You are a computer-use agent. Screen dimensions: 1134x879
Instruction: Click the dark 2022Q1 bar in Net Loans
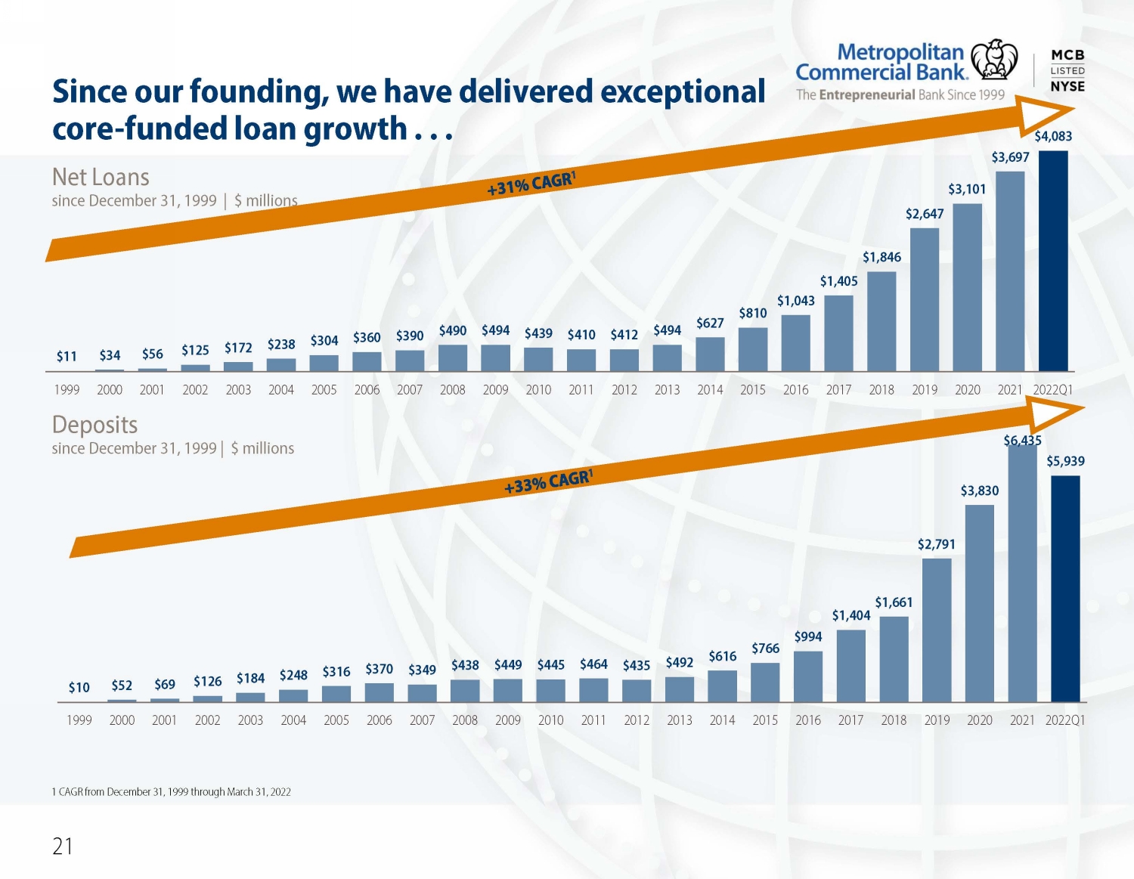coord(1053,261)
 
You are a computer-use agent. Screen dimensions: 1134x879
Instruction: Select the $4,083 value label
coord(1053,136)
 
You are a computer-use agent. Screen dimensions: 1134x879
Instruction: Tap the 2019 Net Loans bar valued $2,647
coord(925,299)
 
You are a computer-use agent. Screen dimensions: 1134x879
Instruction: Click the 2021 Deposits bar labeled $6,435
coord(1022,573)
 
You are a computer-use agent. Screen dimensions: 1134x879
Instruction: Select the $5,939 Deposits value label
coord(1065,461)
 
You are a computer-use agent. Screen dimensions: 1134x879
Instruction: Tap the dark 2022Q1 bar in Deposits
coord(1065,589)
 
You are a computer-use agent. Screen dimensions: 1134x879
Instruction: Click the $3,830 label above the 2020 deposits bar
coord(980,491)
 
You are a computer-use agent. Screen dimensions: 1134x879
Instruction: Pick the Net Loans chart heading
coord(101,177)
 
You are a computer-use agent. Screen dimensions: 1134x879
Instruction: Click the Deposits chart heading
coord(94,425)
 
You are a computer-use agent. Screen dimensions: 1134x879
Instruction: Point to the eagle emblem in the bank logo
coord(993,60)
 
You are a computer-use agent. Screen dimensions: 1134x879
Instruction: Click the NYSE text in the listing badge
coord(1067,87)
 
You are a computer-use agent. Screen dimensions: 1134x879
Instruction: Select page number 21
coord(63,847)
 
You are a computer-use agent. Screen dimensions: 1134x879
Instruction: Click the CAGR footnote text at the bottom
coord(171,792)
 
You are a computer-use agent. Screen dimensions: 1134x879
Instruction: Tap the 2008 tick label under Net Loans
coord(452,390)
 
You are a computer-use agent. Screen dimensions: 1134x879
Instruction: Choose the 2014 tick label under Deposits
coord(722,720)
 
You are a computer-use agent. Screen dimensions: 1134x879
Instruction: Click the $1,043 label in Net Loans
coord(796,301)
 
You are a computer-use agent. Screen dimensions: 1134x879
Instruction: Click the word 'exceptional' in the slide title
coord(683,91)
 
